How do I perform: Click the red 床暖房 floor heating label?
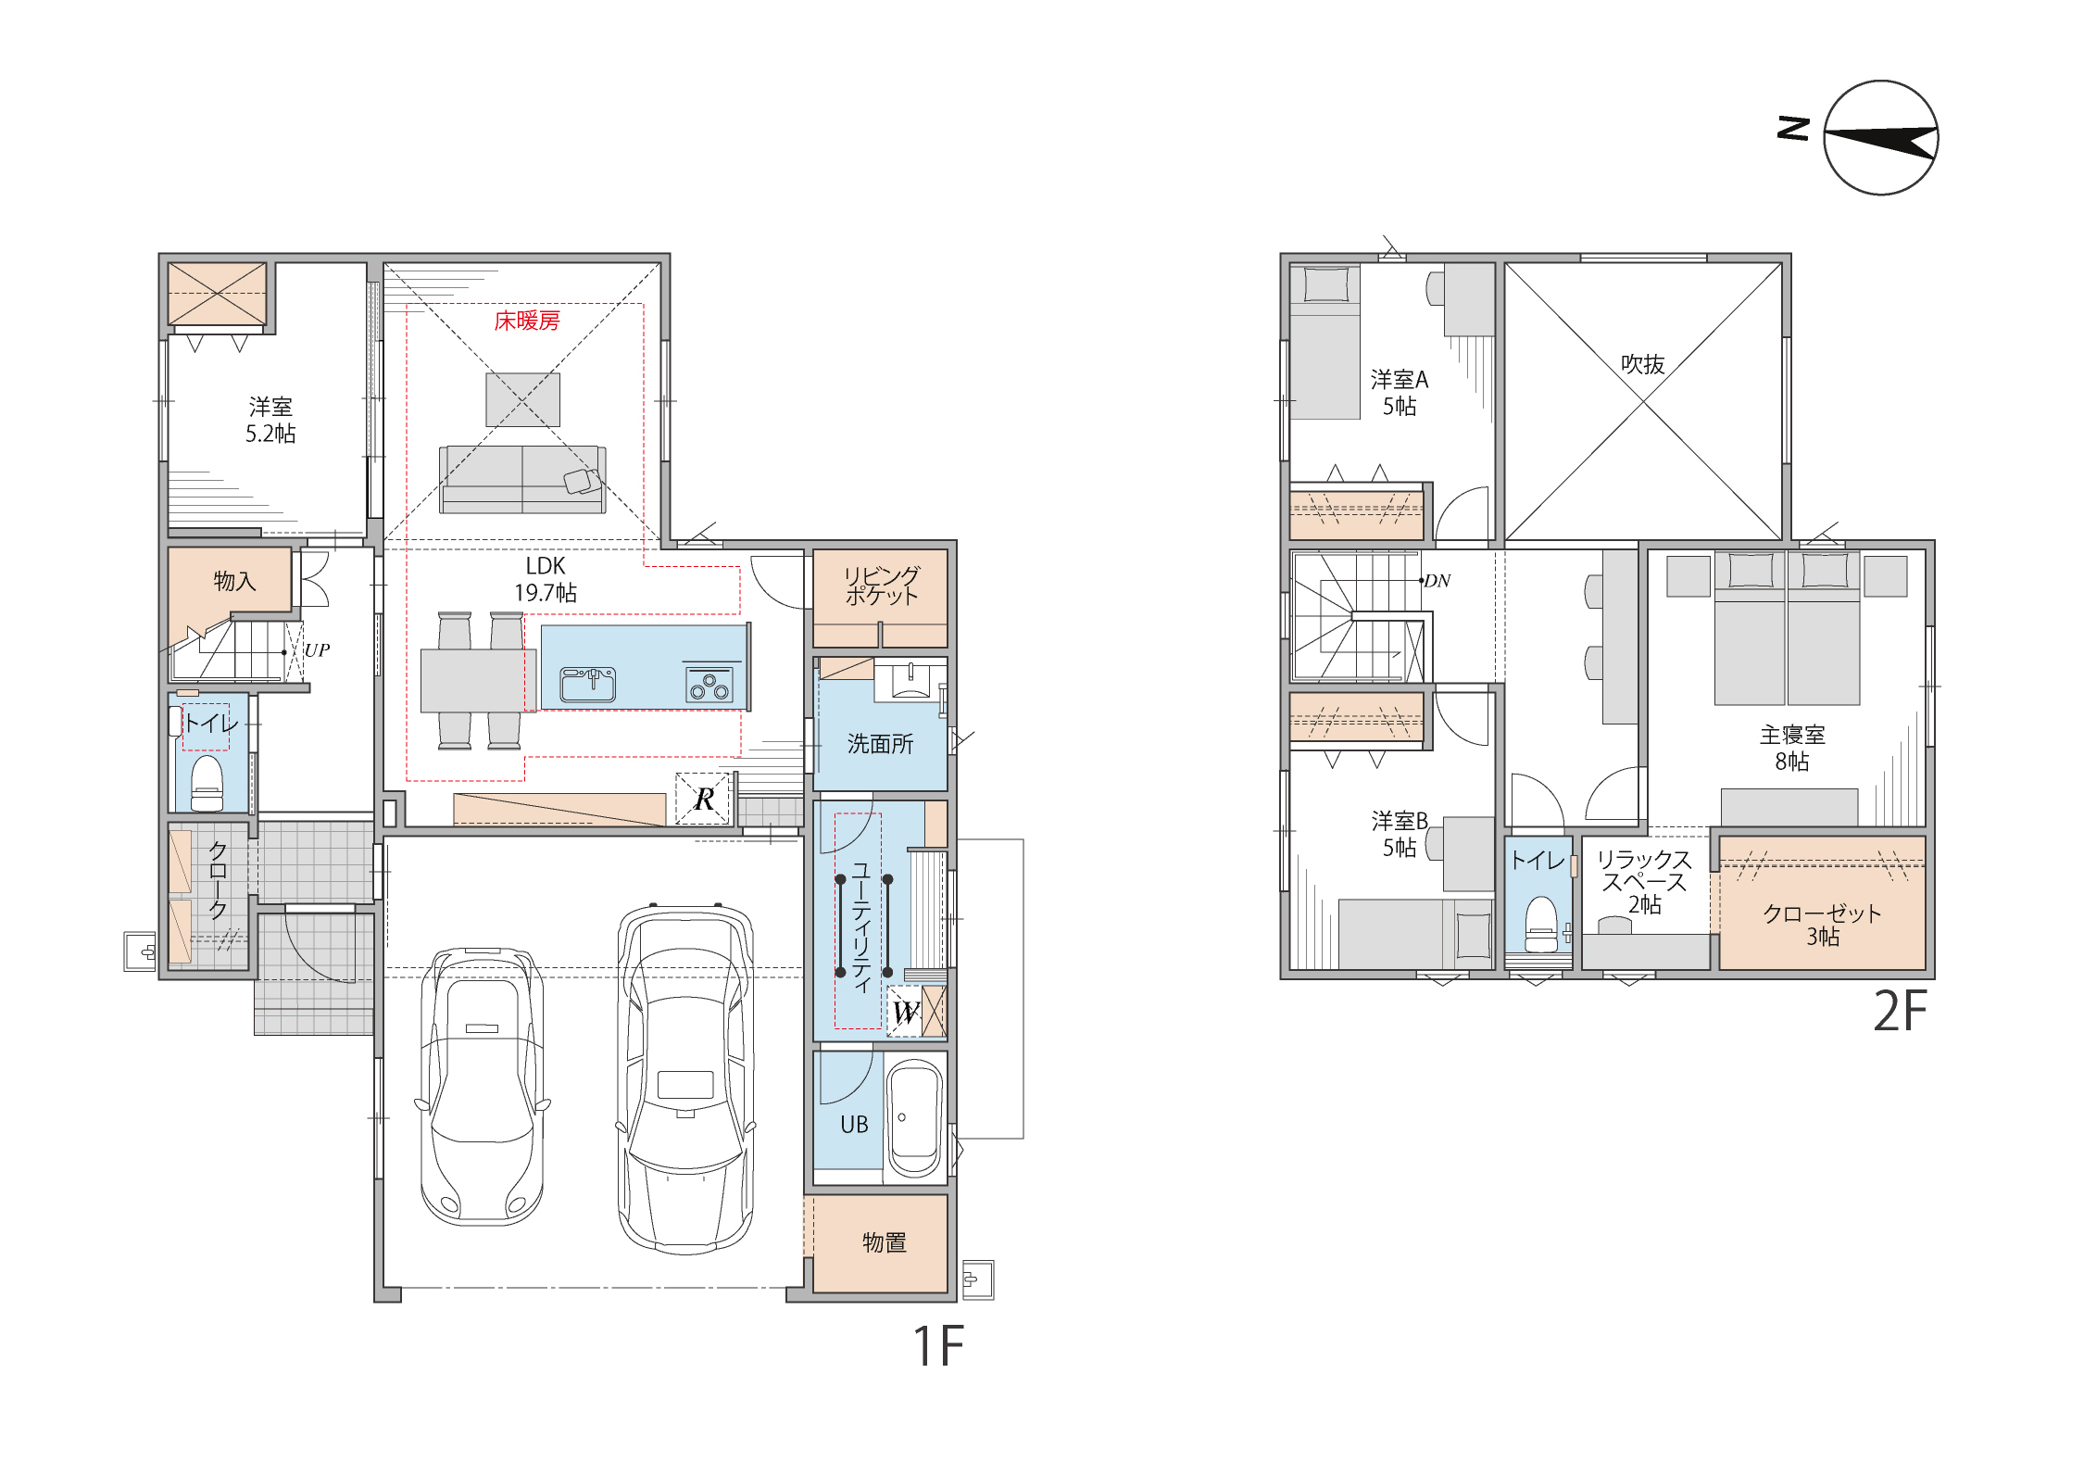click(x=527, y=321)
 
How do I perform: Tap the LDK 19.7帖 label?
click(x=546, y=579)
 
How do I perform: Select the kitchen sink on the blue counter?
click(x=587, y=685)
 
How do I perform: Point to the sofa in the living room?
click(x=522, y=479)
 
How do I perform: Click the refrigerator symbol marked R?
click(x=704, y=799)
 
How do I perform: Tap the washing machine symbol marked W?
click(x=905, y=1012)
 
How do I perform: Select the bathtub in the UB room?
click(x=915, y=1119)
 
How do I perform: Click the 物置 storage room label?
click(x=884, y=1242)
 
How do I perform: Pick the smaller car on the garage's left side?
click(x=482, y=1086)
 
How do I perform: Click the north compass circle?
click(x=1881, y=138)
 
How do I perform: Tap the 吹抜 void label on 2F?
click(x=1643, y=364)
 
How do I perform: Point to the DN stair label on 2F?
click(x=1437, y=581)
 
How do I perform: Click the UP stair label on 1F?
click(x=317, y=649)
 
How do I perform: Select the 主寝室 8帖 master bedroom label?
click(x=1792, y=748)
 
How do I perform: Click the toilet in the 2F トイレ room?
click(x=1541, y=924)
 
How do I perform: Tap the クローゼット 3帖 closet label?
click(x=1822, y=925)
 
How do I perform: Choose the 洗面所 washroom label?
click(x=880, y=744)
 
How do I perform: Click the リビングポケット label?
click(x=882, y=586)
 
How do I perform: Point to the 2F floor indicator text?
click(x=1900, y=1011)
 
